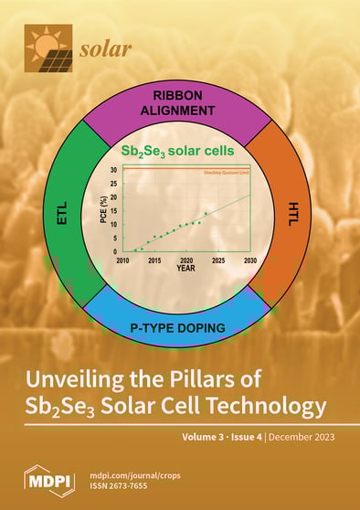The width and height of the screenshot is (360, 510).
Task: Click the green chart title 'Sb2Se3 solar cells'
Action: click(x=179, y=151)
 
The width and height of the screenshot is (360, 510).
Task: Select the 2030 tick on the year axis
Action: click(x=249, y=260)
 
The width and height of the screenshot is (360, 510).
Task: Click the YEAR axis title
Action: click(x=185, y=269)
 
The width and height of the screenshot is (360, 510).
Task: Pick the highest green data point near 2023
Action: click(x=206, y=213)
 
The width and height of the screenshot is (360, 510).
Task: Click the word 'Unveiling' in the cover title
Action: click(x=92, y=379)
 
